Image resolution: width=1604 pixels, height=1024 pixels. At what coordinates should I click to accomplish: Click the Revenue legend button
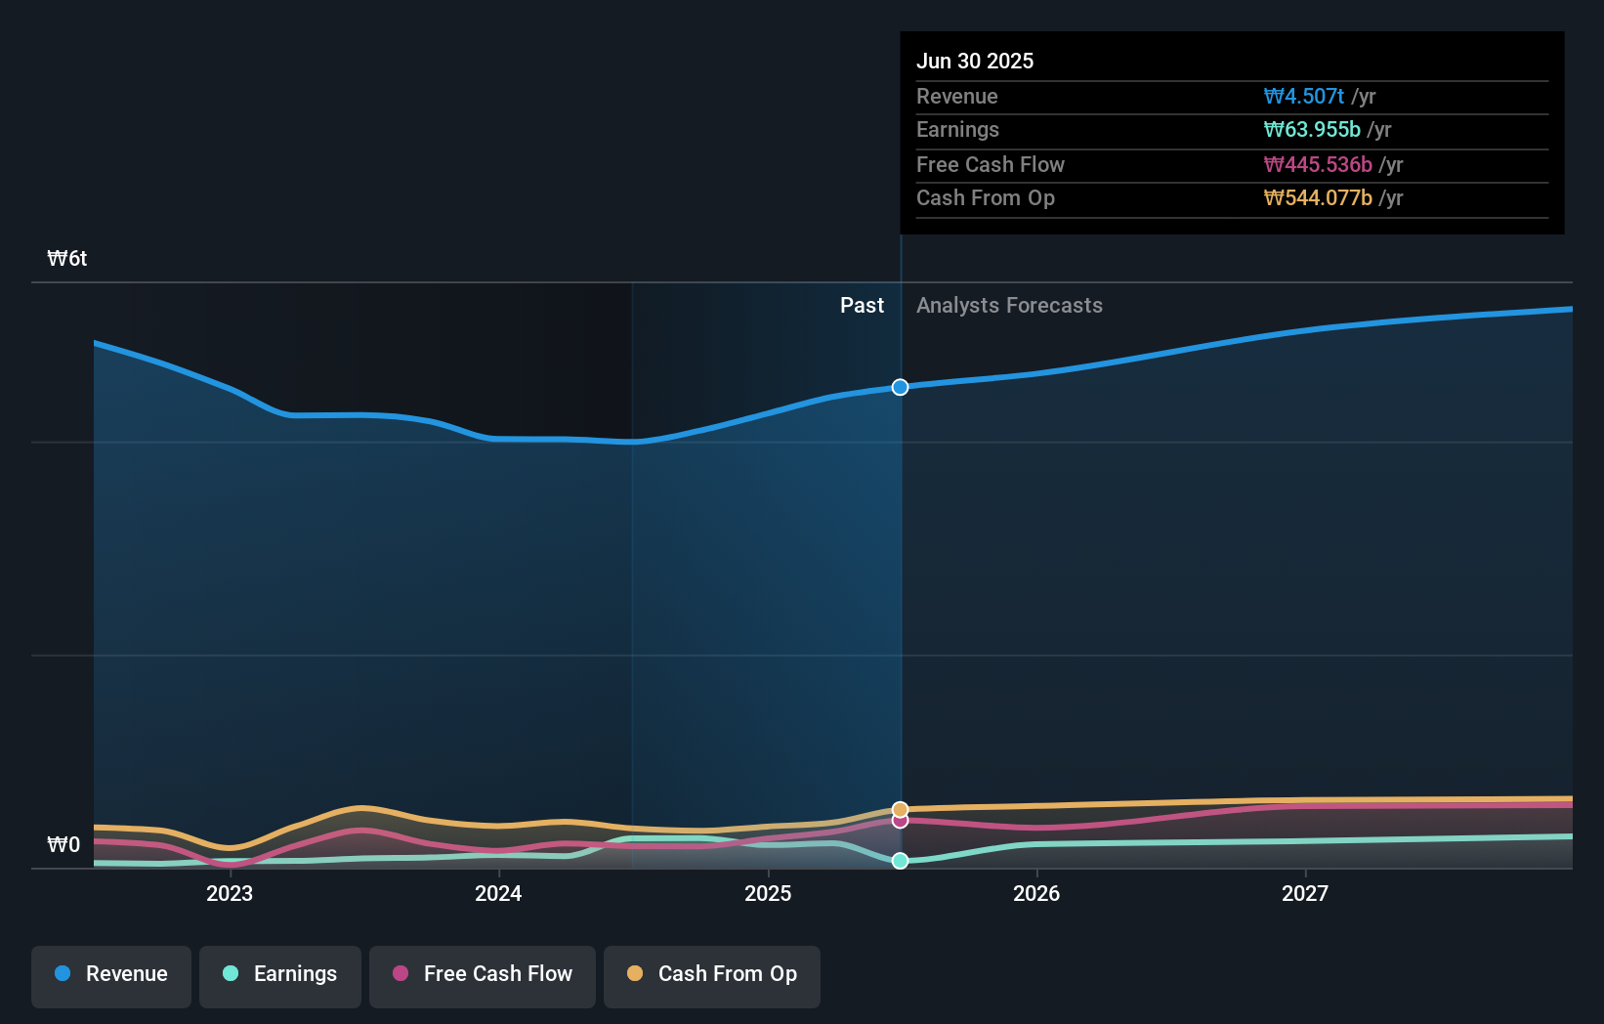click(x=111, y=974)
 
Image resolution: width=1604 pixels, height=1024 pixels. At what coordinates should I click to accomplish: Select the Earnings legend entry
click(x=280, y=974)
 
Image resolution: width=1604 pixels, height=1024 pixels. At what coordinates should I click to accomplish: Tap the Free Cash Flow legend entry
click(x=483, y=974)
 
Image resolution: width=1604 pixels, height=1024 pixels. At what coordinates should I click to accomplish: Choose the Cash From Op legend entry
click(x=712, y=974)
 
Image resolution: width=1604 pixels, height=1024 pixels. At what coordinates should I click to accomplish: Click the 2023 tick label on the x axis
click(x=230, y=894)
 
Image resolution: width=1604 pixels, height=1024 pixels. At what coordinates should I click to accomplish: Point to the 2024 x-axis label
click(x=498, y=894)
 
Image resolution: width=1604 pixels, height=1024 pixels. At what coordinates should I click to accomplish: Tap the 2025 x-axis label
click(x=768, y=894)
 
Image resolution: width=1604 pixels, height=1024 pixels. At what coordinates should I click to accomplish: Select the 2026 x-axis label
click(x=1036, y=894)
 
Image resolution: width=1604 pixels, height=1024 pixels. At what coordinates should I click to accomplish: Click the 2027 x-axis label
click(x=1305, y=894)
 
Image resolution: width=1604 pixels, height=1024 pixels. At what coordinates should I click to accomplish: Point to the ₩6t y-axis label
click(x=67, y=259)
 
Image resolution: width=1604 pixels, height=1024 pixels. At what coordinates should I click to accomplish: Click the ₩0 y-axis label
click(x=64, y=845)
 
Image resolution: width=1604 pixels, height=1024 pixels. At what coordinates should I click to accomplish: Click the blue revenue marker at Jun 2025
click(x=900, y=388)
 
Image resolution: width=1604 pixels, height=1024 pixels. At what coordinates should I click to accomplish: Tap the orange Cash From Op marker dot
click(x=900, y=810)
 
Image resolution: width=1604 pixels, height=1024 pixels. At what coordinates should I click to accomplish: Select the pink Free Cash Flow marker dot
click(x=900, y=821)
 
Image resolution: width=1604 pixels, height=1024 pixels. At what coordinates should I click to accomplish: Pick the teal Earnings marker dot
click(x=900, y=861)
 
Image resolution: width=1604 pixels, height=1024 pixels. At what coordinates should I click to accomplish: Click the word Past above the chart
click(x=862, y=306)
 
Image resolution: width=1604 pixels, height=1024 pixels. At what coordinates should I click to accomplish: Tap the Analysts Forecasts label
click(x=1009, y=306)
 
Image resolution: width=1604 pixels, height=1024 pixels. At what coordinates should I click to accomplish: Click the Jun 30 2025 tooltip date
click(x=975, y=62)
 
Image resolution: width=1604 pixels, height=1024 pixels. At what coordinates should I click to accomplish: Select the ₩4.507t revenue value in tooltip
click(x=1304, y=97)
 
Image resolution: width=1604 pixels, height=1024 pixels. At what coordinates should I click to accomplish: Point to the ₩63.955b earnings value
click(x=1312, y=130)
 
